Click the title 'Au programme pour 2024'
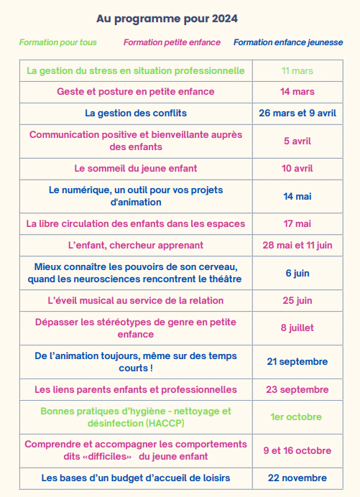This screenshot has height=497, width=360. [167, 18]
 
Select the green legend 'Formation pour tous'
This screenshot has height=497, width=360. [57, 43]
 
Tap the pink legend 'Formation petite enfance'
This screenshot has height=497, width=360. [172, 43]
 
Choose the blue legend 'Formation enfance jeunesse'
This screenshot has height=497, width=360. [288, 43]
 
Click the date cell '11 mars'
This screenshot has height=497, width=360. [297, 70]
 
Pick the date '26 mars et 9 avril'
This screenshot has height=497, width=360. [297, 113]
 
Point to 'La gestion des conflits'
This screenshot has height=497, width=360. [136, 113]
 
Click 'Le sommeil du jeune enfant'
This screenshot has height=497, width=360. [136, 168]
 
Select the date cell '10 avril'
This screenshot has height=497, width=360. [297, 168]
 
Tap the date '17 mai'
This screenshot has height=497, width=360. [297, 223]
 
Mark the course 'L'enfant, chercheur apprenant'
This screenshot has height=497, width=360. [136, 245]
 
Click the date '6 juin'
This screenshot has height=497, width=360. [297, 273]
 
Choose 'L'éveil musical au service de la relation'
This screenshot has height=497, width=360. [136, 300]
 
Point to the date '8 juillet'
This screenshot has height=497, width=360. [297, 328]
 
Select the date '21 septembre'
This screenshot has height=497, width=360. [297, 361]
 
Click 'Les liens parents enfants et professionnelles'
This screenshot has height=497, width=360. [136, 389]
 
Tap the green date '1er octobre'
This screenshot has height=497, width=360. [297, 417]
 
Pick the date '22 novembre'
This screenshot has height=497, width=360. [297, 478]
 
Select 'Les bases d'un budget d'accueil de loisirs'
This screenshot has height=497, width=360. [136, 478]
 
